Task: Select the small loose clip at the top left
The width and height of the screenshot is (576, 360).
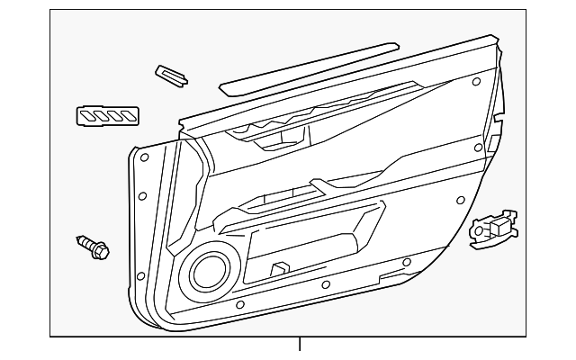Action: point(171,75)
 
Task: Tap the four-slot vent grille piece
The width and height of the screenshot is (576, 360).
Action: point(107,115)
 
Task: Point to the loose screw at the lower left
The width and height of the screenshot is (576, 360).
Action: point(91,246)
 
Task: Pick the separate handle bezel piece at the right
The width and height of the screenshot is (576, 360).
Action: point(494,229)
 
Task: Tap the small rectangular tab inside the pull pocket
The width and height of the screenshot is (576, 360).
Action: point(280,267)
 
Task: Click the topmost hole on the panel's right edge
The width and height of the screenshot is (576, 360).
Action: point(474,83)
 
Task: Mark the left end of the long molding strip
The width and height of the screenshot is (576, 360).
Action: point(225,89)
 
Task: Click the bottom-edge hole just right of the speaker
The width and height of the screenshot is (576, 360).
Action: point(238,305)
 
